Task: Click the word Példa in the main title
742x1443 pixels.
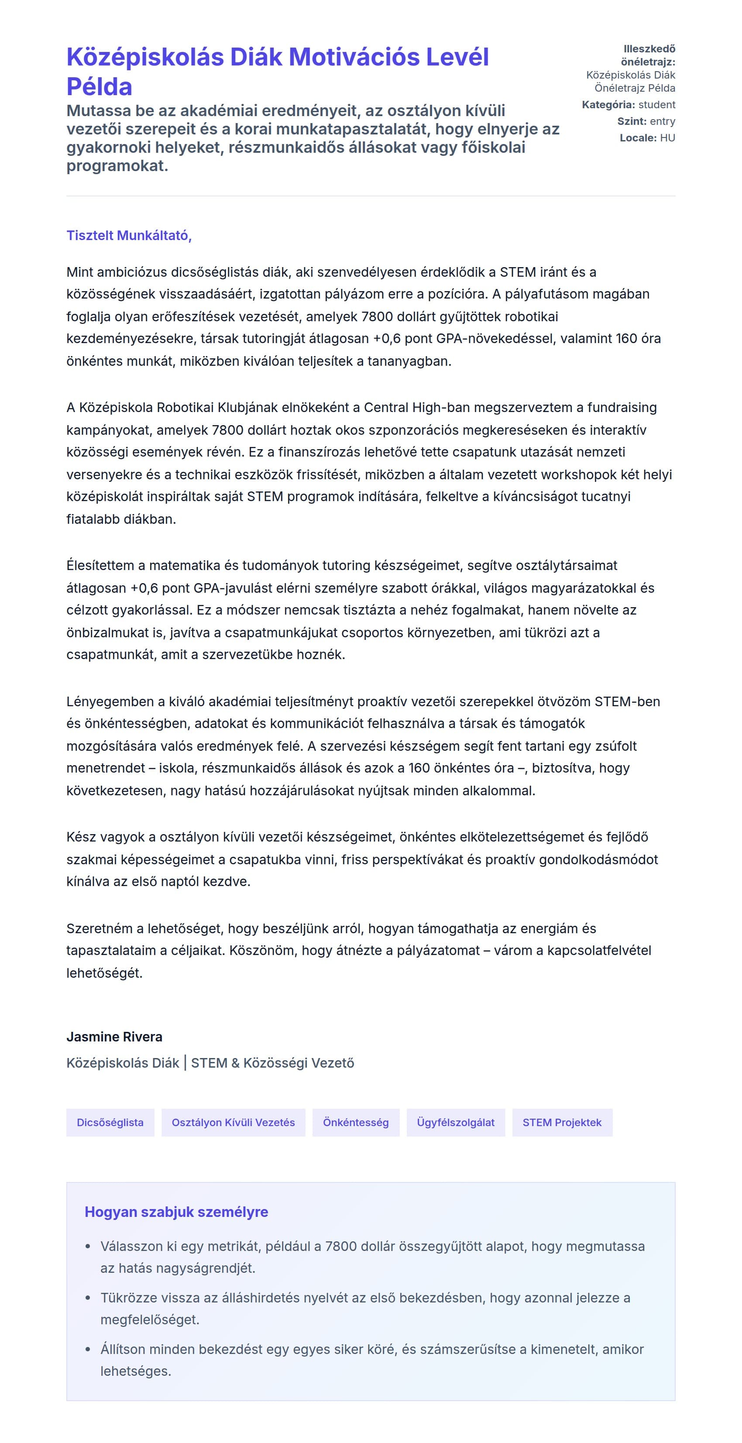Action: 99,87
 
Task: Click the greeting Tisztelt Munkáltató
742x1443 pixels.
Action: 129,235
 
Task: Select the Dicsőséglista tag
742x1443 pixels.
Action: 110,1122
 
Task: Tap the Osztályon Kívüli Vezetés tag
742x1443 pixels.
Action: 233,1122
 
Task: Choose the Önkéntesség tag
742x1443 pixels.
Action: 356,1122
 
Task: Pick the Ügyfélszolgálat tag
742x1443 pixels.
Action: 455,1122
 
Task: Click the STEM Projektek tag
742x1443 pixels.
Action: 562,1122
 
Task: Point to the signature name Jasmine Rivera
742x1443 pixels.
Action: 114,1036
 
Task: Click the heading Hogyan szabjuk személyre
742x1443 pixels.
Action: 176,1212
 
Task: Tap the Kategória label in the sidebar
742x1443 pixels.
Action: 608,105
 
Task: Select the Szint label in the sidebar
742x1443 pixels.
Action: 632,121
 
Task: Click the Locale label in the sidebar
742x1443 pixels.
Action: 638,138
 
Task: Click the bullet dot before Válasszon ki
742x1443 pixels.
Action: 87,1247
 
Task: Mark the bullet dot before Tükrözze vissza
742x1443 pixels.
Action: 87,1298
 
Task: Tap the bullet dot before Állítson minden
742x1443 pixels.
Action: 87,1350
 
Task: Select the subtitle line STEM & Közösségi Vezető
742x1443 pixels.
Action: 272,1063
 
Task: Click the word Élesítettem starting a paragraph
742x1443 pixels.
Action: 105,565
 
